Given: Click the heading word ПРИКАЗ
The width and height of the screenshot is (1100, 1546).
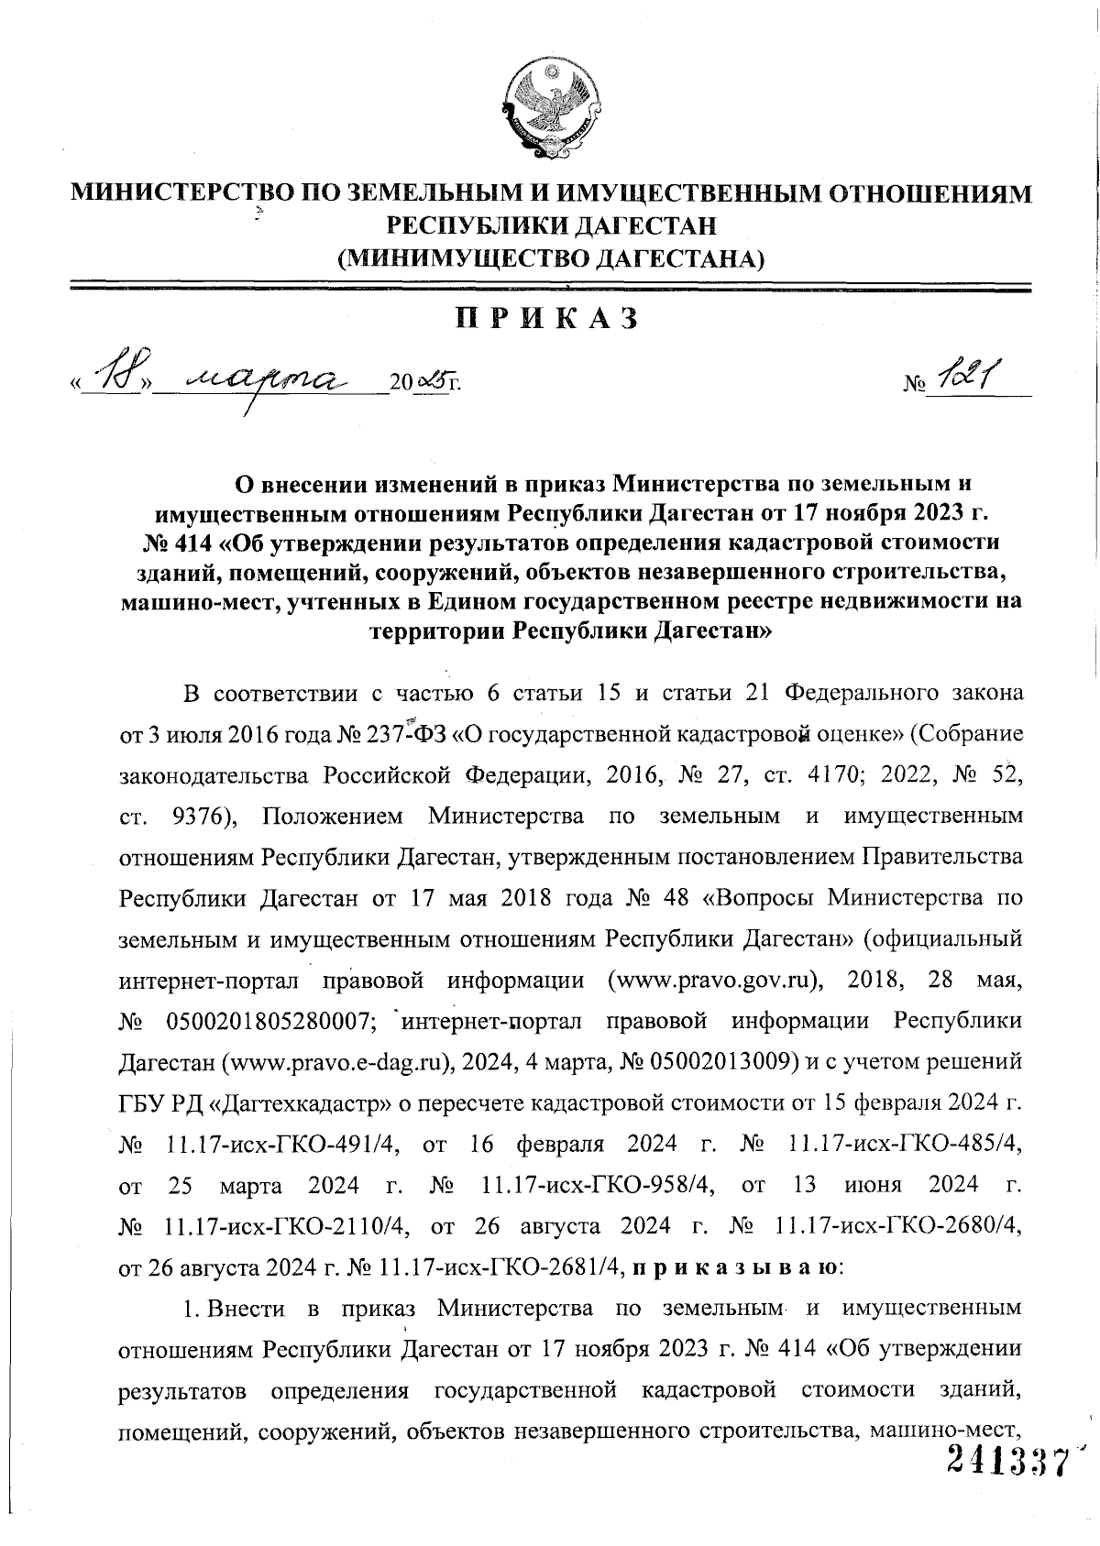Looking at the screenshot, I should [x=547, y=319].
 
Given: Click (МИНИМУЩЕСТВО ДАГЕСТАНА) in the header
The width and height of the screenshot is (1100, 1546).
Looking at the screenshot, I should [x=550, y=258].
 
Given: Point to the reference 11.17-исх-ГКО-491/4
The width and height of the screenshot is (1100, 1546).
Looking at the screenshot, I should [x=291, y=1145].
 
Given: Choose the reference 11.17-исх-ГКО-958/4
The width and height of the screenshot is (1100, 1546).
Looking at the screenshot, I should [x=598, y=1186].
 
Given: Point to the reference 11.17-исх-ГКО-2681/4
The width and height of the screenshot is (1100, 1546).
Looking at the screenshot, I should [x=500, y=1268].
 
